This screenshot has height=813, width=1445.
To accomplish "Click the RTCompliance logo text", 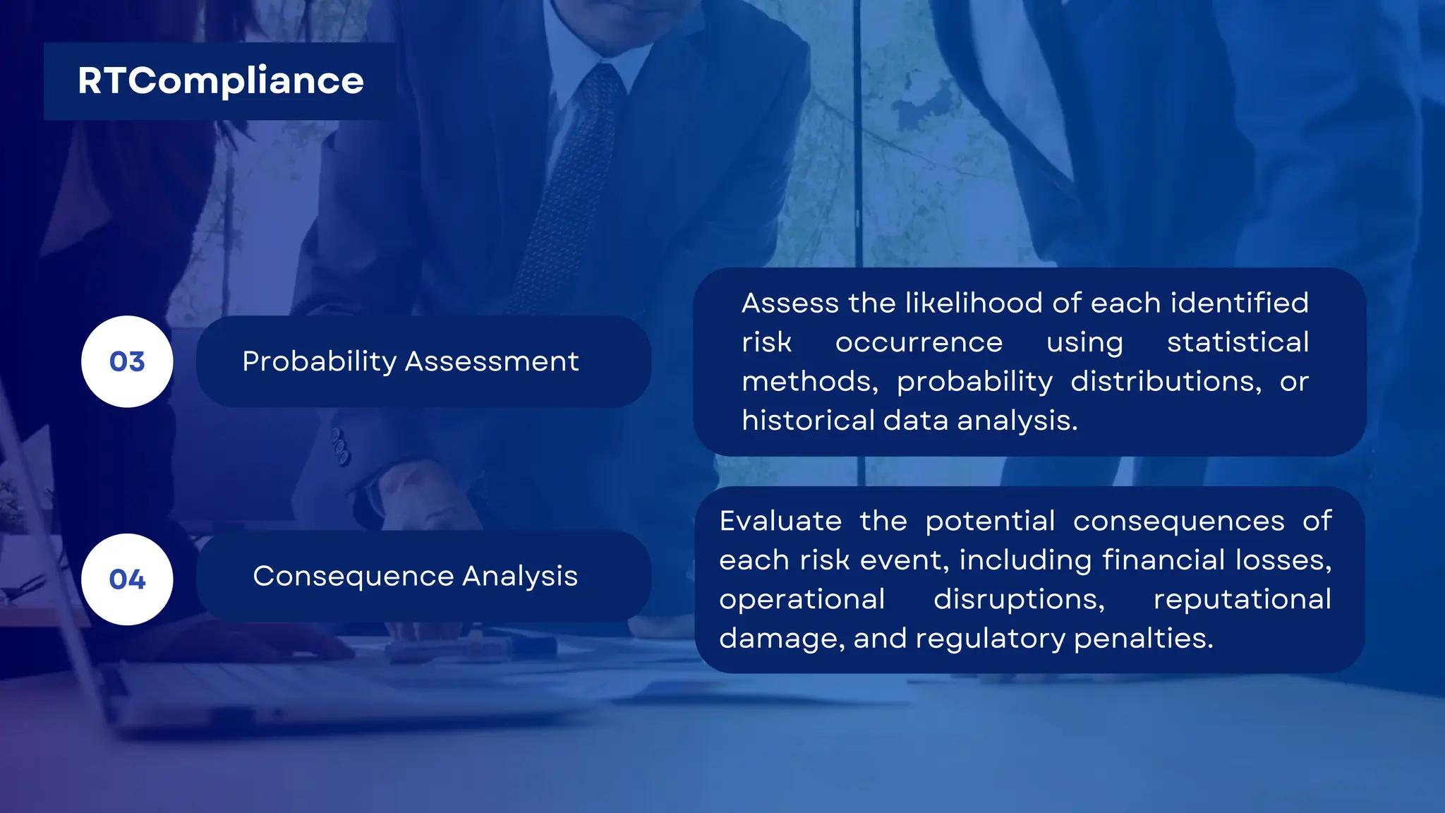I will [x=220, y=81].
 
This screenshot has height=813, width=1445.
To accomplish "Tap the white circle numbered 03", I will [x=127, y=361].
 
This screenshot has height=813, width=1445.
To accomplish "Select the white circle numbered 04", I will [x=127, y=579].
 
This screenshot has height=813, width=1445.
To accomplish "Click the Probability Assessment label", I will [x=410, y=361].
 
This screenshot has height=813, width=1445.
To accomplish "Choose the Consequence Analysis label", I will [x=415, y=576].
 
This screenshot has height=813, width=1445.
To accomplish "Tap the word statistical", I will [x=1238, y=342].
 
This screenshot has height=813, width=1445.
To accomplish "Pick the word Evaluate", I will [x=780, y=522].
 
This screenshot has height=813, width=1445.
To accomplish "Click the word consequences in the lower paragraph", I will [x=1178, y=522].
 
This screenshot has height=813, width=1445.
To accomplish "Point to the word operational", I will [x=802, y=600].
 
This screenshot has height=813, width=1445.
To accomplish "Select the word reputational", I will [x=1242, y=600].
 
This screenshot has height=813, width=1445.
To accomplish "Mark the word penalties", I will [x=1143, y=639].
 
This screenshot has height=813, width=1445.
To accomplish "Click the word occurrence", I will [x=919, y=342].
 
